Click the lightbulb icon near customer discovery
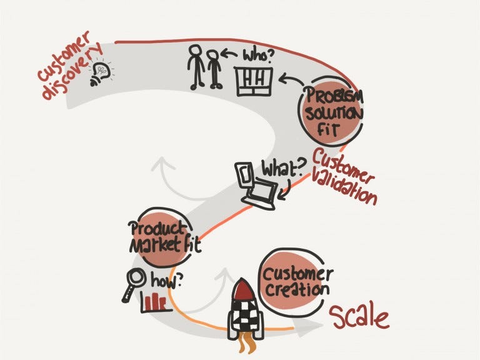101,74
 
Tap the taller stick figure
196,67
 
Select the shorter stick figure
214,69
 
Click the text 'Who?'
257,56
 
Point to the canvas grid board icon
254,82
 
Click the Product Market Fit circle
164,237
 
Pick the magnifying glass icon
134,284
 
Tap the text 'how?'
167,281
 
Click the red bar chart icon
154,302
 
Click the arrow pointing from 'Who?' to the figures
229,55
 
